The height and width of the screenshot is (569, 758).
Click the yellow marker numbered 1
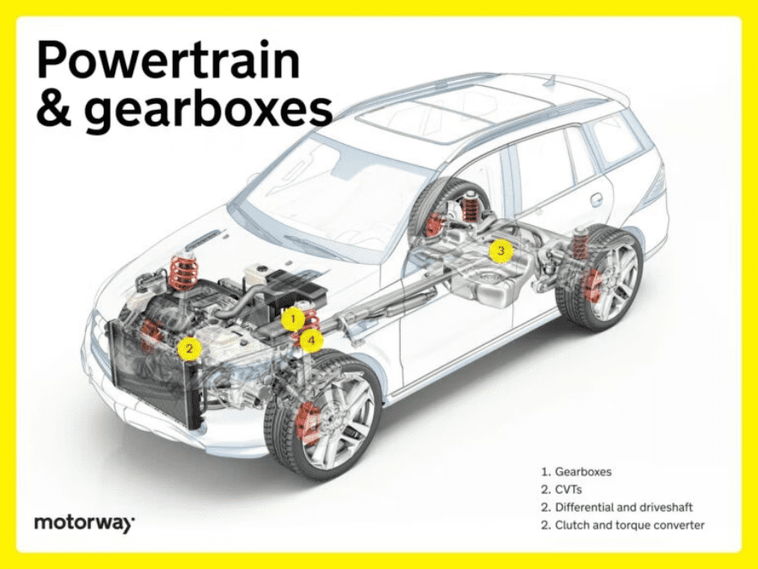291,319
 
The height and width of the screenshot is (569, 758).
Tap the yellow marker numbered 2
190,347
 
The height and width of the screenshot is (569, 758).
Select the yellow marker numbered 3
500,250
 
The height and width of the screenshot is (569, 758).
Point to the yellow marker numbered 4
312,341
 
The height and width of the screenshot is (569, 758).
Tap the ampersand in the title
53,110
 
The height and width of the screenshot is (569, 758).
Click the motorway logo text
83,523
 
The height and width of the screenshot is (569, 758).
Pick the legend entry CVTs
569,490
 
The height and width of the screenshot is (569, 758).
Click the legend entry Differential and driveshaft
623,507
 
